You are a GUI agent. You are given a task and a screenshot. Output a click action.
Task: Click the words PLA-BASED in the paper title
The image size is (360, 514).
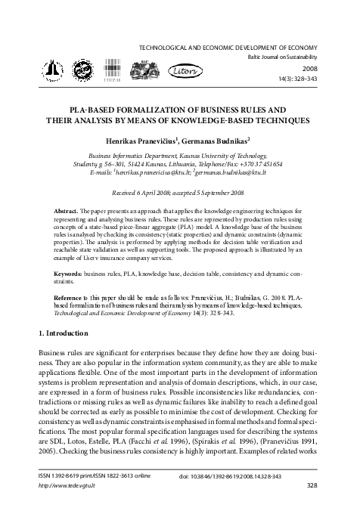95,109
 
